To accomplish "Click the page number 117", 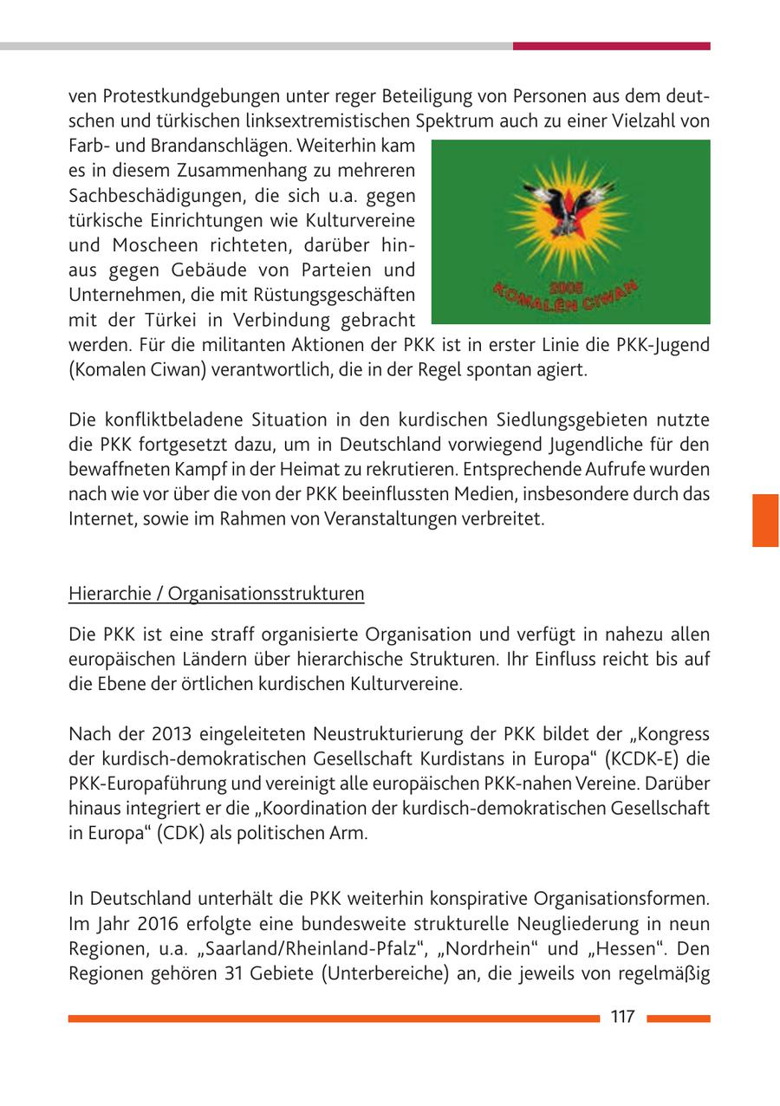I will [622, 1017].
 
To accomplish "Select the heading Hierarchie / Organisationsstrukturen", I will [216, 594].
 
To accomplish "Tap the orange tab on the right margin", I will [765, 520].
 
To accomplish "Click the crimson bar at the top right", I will [611, 46].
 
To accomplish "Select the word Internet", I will [100, 519].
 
